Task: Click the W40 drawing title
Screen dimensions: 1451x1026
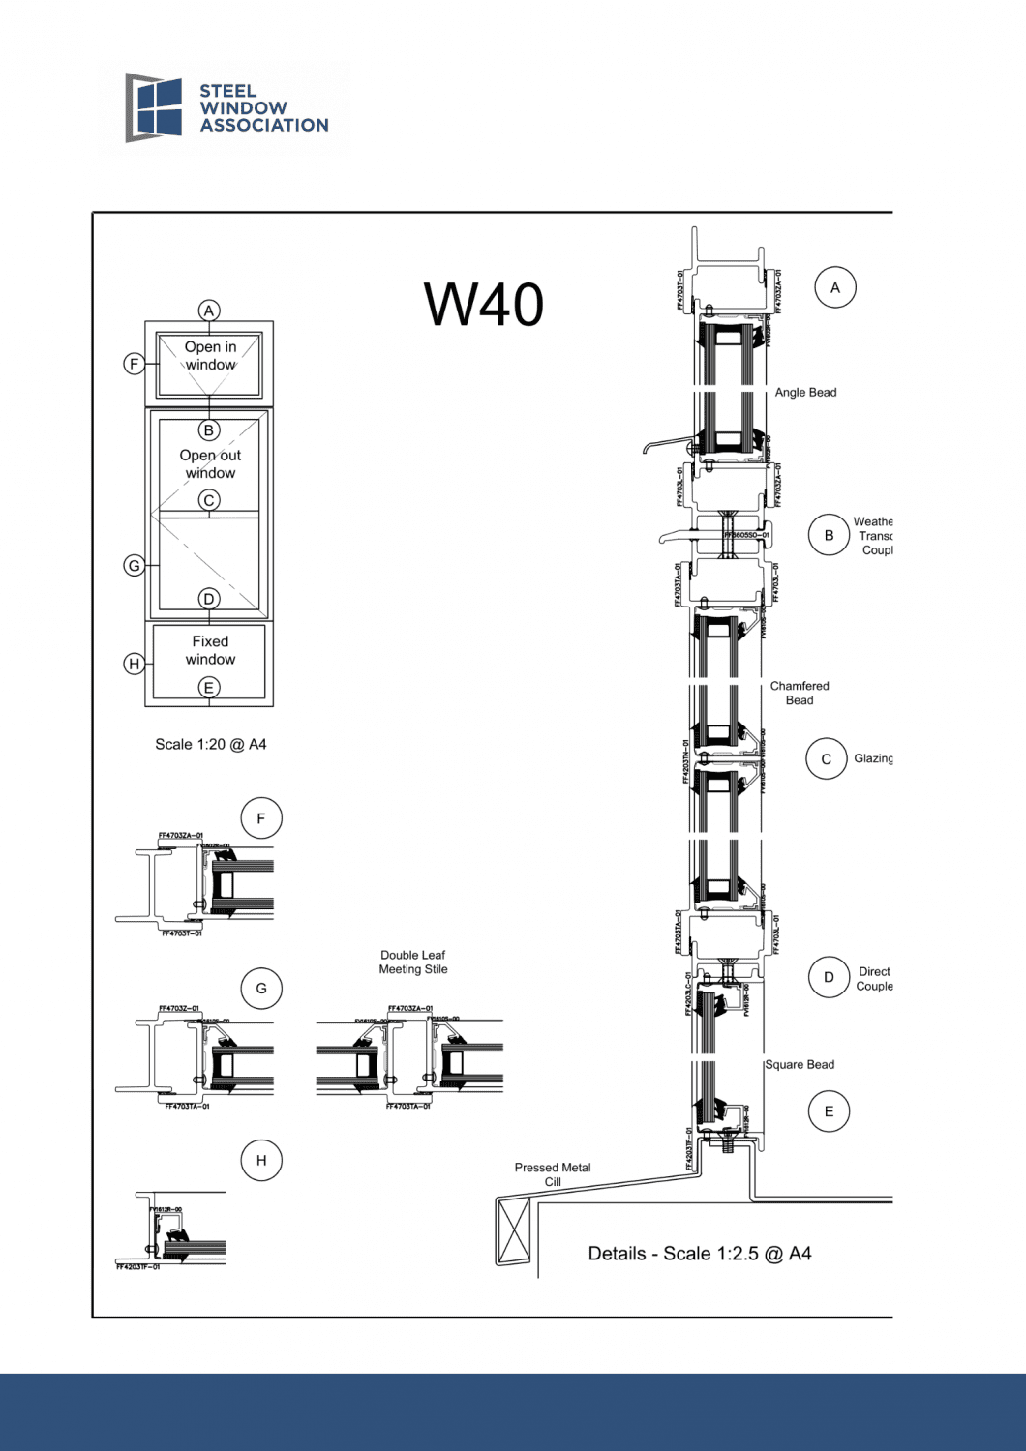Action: [x=484, y=305]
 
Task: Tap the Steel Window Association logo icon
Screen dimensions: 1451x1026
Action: [x=154, y=107]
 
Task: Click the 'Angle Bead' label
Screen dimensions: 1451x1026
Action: [x=805, y=392]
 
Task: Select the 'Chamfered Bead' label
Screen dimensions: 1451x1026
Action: [x=800, y=693]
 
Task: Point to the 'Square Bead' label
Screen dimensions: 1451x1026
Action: [x=800, y=1064]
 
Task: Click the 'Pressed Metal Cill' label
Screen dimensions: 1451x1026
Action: [x=553, y=1174]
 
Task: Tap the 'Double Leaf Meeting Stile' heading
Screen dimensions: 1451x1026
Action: [x=413, y=962]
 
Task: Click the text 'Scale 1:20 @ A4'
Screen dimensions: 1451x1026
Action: [x=210, y=744]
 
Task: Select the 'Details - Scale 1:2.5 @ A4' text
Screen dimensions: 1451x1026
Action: [x=700, y=1254]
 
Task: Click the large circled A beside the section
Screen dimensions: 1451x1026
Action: [x=835, y=287]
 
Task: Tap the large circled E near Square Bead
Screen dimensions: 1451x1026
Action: [x=829, y=1111]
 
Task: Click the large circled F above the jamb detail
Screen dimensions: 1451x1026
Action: [x=260, y=818]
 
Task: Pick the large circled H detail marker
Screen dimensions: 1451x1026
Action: [x=260, y=1160]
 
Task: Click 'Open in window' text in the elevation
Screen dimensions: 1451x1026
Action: [x=210, y=355]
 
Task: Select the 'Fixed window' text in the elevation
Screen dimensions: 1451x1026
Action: [x=210, y=650]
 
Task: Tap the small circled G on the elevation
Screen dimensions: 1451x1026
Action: [x=135, y=565]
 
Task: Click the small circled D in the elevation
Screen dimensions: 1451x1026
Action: [x=209, y=599]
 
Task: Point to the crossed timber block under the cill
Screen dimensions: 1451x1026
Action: [x=514, y=1230]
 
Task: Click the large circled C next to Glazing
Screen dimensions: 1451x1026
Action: [x=827, y=759]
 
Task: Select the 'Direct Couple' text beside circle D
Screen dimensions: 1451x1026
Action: [x=874, y=979]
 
